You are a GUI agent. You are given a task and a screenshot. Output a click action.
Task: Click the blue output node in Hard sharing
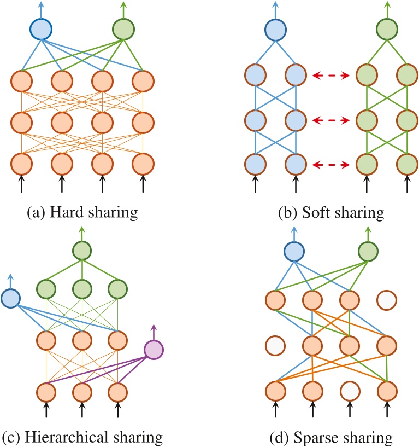pyautogui.click(x=40, y=29)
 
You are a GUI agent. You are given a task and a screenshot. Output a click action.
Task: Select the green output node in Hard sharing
pyautogui.click(x=122, y=29)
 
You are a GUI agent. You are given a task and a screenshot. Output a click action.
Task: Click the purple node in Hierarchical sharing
pyautogui.click(x=154, y=349)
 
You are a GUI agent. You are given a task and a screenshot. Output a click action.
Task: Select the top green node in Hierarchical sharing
pyautogui.click(x=82, y=251)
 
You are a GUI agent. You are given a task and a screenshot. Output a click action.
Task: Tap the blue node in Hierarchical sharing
pyautogui.click(x=10, y=299)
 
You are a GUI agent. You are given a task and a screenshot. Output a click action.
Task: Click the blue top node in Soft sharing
pyautogui.click(x=274, y=29)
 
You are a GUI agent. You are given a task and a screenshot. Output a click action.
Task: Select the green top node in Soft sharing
pyautogui.click(x=387, y=29)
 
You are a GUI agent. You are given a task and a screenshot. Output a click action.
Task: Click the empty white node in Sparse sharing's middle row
pyautogui.click(x=274, y=346)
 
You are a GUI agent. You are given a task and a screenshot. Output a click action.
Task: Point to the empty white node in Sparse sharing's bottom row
pyautogui.click(x=349, y=392)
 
